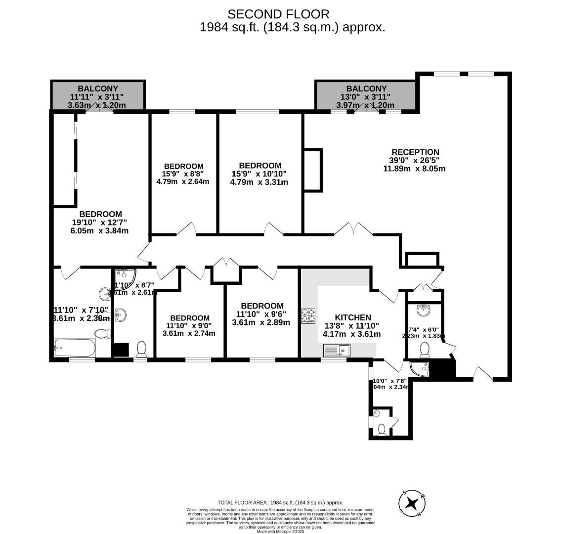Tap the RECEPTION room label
415,152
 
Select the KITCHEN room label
352,317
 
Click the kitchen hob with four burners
308,316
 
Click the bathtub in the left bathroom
75,348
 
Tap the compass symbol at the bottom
412,503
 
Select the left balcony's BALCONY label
98,89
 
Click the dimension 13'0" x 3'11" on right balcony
366,97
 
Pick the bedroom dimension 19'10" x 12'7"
100,222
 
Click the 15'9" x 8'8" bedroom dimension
183,174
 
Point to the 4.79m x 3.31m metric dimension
259,182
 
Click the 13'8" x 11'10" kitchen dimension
351,326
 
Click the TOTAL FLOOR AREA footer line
280,502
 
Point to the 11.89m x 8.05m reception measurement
414,168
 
